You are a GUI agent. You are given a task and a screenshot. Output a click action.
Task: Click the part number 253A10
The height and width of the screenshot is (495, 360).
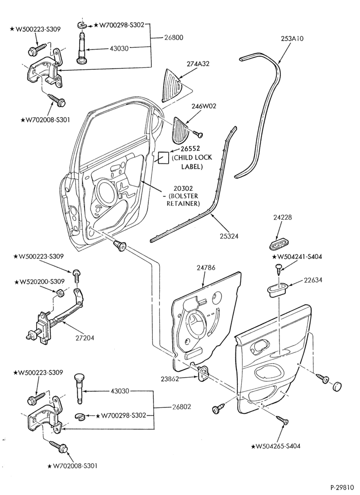292,39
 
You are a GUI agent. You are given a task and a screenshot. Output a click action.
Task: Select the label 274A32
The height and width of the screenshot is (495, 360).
198,64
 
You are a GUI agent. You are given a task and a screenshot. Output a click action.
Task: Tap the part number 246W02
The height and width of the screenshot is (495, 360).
204,106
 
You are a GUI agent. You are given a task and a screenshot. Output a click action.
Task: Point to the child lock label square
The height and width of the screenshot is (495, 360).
163,157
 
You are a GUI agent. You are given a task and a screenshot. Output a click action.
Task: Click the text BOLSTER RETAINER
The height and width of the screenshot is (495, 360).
183,200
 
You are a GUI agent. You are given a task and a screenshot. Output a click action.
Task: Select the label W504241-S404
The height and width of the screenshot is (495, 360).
297,257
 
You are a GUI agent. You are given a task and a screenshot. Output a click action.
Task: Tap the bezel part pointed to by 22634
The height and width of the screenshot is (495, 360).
277,289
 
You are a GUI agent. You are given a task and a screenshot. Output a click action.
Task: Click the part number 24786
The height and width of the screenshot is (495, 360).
206,268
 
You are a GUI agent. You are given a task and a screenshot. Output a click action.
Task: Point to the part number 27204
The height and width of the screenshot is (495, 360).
85,338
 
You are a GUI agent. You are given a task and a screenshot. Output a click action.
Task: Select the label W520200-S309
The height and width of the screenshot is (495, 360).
39,281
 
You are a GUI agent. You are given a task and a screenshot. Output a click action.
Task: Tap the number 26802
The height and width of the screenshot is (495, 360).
181,406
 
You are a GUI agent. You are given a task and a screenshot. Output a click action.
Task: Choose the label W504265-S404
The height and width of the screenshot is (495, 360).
276,446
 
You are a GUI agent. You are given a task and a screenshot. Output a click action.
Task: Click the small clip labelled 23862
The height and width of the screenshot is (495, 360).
202,373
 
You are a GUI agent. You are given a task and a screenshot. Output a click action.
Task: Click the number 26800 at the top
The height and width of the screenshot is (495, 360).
174,38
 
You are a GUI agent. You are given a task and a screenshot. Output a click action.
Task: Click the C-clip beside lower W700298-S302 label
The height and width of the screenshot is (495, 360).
81,417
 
